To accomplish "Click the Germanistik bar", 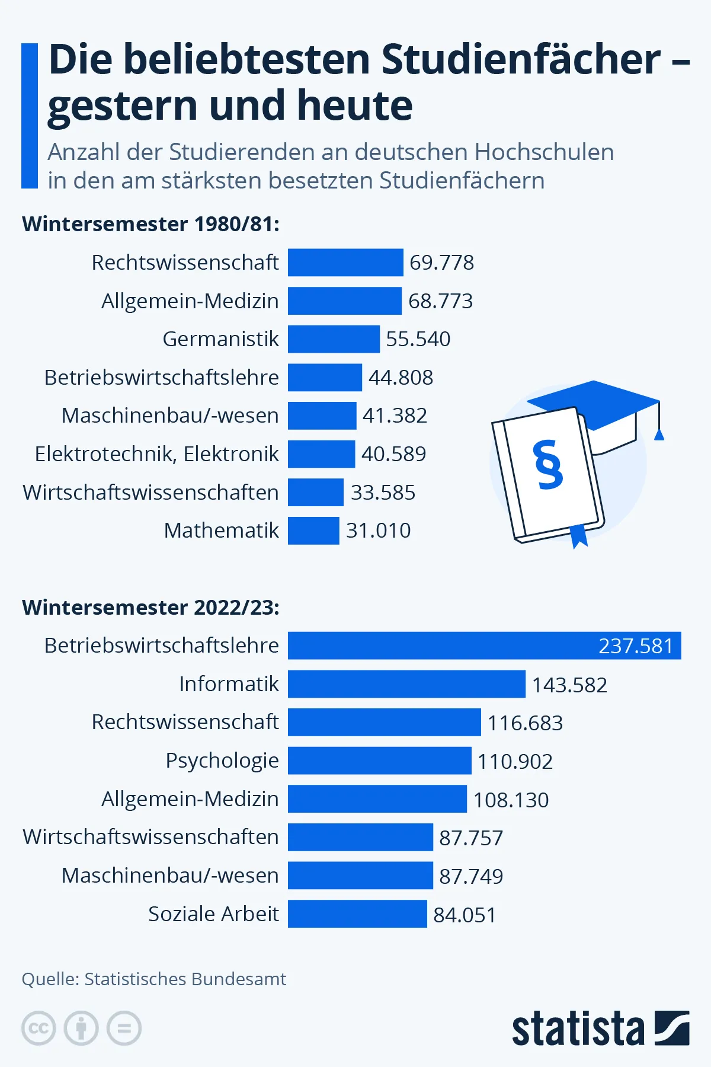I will click(x=334, y=339).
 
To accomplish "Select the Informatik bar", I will click(x=406, y=684).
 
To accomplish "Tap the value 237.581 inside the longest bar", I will click(x=636, y=646).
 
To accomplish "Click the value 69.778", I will click(x=441, y=263).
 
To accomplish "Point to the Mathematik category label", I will click(x=221, y=531).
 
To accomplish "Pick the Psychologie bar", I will click(x=379, y=761).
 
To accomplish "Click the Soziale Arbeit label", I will click(x=213, y=914).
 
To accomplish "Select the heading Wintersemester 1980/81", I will click(x=150, y=224).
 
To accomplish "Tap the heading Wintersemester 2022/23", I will click(x=150, y=608).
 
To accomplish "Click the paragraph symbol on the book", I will click(x=548, y=465).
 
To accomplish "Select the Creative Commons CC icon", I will click(x=39, y=1028).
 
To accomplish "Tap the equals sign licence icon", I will click(x=124, y=1028).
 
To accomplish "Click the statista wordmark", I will click(x=578, y=1029).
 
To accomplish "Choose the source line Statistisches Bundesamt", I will click(x=154, y=979).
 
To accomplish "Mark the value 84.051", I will click(x=465, y=915).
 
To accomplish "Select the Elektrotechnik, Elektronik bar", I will click(x=321, y=454).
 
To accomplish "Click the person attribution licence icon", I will click(x=81, y=1028).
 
